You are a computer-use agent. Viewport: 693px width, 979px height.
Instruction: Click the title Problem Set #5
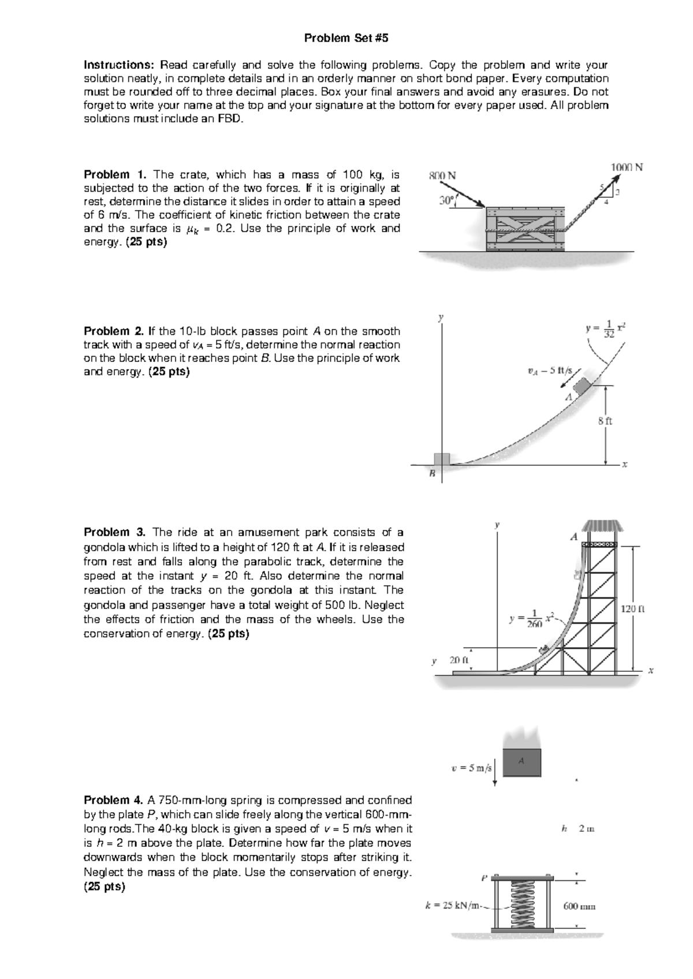pos(346,38)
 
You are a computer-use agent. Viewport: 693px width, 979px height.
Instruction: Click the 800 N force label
pos(442,175)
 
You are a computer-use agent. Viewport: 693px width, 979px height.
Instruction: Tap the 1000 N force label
pos(627,167)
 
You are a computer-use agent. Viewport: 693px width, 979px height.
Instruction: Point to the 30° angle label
pos(446,200)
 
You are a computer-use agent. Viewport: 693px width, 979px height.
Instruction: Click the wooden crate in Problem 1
pos(524,229)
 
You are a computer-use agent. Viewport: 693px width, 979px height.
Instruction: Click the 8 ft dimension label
pos(605,421)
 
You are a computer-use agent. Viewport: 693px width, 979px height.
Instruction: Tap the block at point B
pos(442,459)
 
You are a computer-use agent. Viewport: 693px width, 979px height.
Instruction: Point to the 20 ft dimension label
pos(460,660)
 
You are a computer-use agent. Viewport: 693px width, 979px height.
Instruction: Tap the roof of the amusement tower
pos(602,526)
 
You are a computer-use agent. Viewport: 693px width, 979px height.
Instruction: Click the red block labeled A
pos(522,763)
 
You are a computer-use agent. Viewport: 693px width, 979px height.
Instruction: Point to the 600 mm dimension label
pos(579,906)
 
